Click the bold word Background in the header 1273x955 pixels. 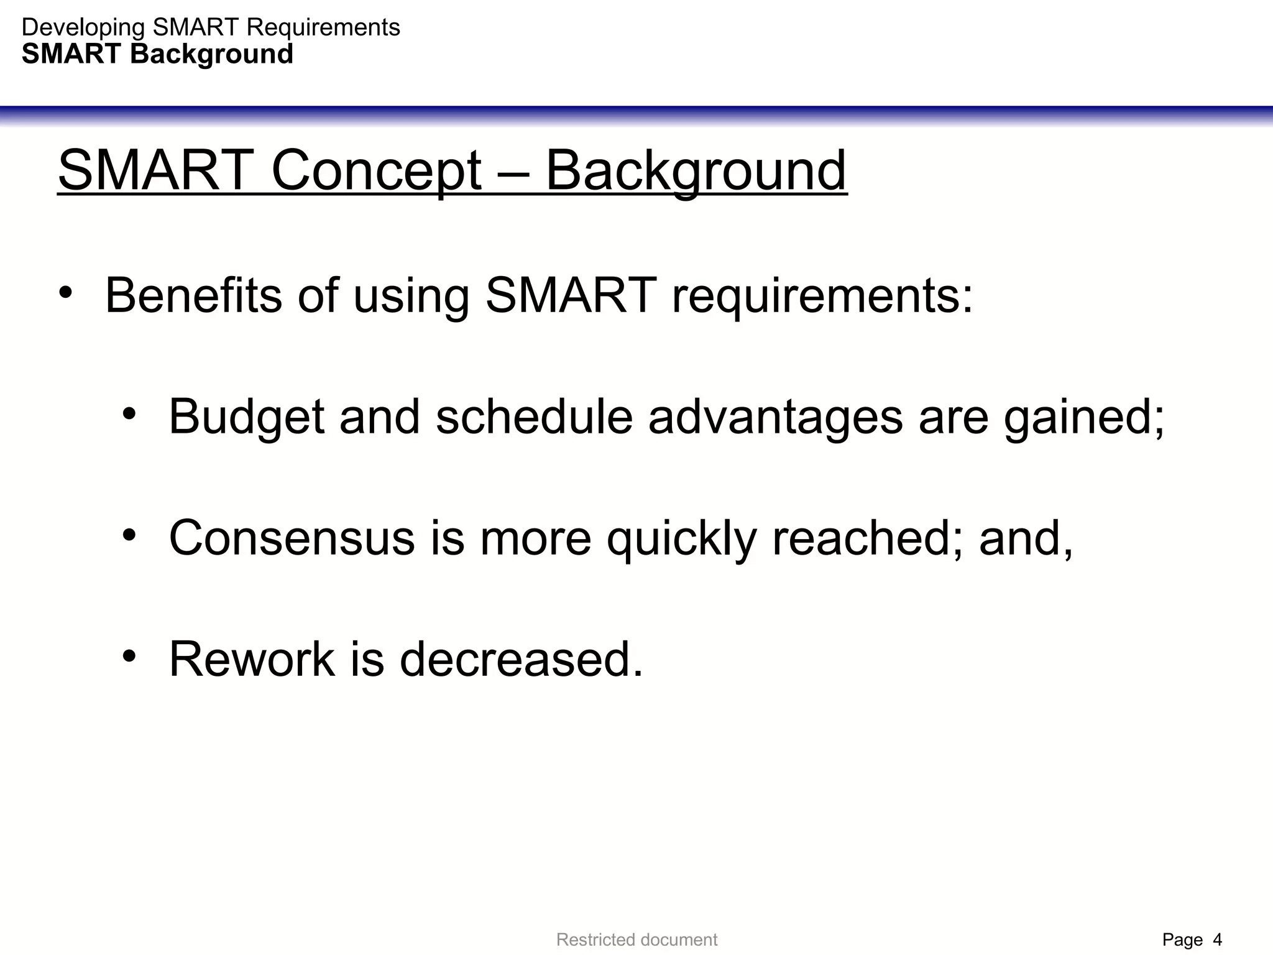(211, 54)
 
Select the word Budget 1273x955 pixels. (246, 416)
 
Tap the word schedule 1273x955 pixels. (534, 416)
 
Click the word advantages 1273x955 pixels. (775, 416)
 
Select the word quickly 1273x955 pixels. (681, 537)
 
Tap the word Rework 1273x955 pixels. (252, 658)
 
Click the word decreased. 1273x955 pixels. (521, 658)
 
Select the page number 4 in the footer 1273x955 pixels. (1217, 939)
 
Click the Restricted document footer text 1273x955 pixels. (636, 939)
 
